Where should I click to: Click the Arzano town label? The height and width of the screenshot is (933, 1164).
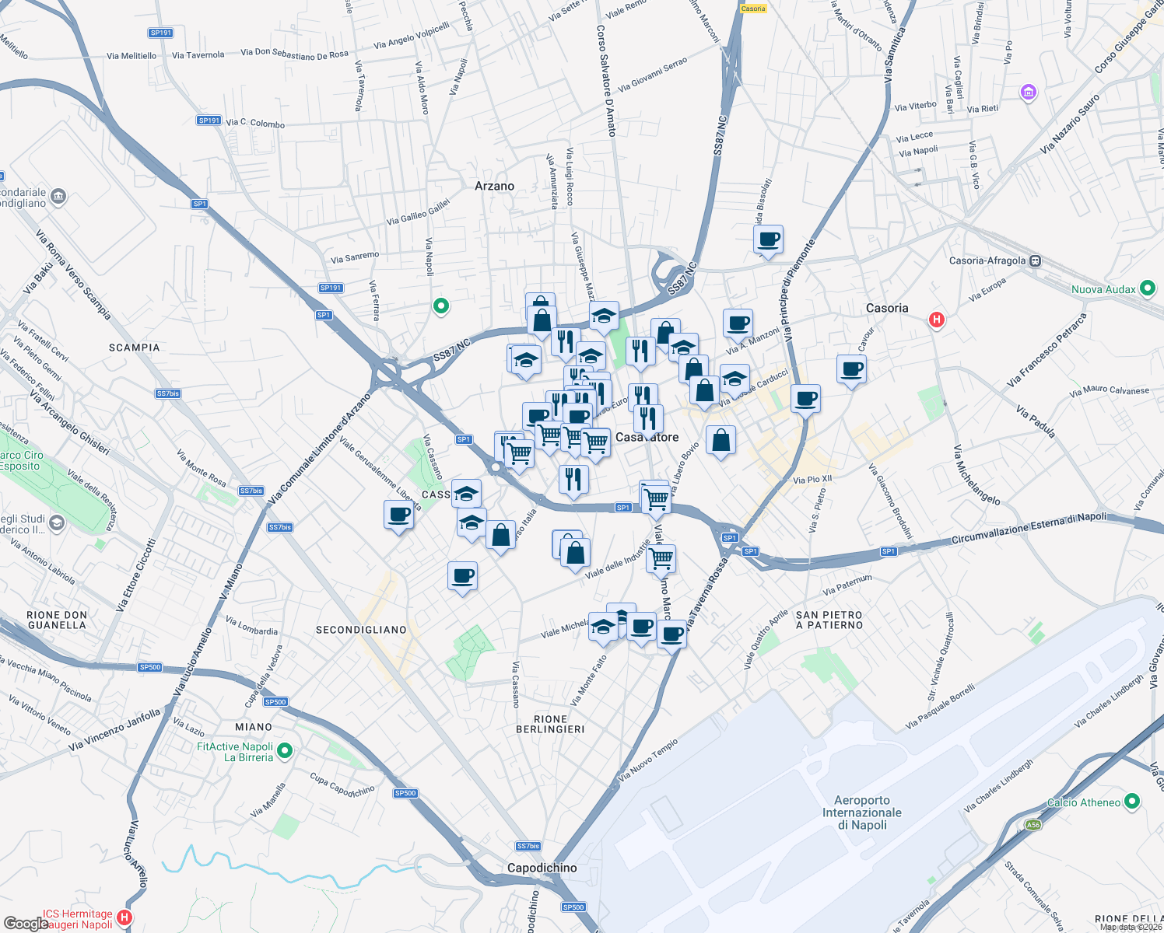pos(494,187)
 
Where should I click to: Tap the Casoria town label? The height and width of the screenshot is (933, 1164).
pos(887,308)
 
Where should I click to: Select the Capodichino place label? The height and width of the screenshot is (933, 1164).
pos(542,868)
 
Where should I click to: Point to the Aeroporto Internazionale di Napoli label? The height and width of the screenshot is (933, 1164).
pos(862,812)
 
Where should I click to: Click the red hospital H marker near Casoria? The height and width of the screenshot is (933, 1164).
pos(937,320)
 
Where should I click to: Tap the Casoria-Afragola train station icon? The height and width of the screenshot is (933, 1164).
pos(1035,261)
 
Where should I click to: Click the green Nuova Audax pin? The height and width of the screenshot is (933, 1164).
pos(1148,288)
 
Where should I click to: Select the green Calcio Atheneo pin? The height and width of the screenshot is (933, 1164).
pos(1132,801)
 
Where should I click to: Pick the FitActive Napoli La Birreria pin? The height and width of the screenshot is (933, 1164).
pos(285,751)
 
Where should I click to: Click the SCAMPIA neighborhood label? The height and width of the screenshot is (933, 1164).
pos(135,348)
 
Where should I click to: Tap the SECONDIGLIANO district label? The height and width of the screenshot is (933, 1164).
pos(361,630)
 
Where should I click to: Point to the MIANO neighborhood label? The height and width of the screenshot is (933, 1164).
pos(254,727)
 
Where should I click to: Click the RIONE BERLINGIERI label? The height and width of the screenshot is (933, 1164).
pos(550,724)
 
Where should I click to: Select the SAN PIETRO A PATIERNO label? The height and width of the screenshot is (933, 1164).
pos(829,620)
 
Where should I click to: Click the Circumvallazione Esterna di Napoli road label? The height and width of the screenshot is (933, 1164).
pos(1029,529)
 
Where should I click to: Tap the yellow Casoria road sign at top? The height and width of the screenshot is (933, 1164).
pos(753,9)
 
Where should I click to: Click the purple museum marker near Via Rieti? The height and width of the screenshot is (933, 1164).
pos(1029,93)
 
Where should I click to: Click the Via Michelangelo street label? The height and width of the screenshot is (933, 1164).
pos(977,475)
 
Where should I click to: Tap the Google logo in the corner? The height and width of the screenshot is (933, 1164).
pos(26,924)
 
